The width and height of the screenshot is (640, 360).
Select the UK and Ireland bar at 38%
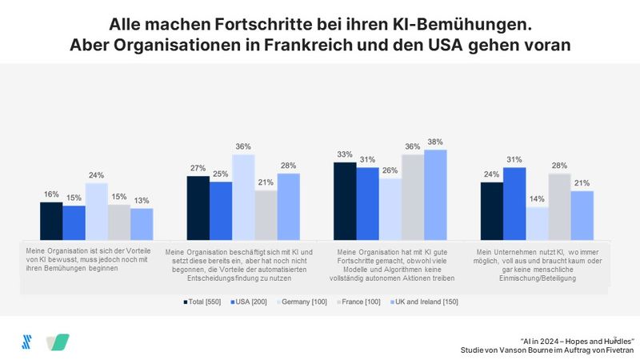pyautogui.click(x=435, y=194)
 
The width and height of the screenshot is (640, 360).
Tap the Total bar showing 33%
pyautogui.click(x=344, y=200)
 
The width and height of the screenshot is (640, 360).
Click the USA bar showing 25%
pyautogui.click(x=221, y=210)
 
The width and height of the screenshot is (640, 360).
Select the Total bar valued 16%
pyautogui.click(x=51, y=220)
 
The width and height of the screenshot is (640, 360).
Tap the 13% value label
pyautogui.click(x=141, y=200)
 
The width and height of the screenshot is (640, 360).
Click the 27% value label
pyautogui.click(x=198, y=168)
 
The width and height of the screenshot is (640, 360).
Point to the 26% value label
pyautogui.click(x=390, y=170)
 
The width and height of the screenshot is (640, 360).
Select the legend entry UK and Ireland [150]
pyautogui.click(x=425, y=302)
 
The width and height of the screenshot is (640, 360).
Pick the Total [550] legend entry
pyautogui.click(x=201, y=302)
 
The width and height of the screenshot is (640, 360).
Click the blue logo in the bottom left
pyautogui.click(x=26, y=342)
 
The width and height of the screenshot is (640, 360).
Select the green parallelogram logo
pyautogui.click(x=58, y=342)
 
